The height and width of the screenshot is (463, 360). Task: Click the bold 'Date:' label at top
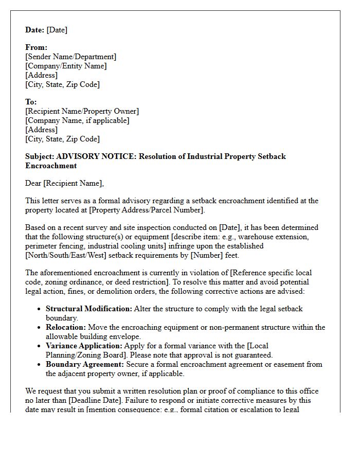35,30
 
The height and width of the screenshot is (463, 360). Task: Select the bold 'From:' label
35,47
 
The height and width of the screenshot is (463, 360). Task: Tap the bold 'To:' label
31,102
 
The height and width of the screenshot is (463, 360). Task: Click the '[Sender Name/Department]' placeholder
71,57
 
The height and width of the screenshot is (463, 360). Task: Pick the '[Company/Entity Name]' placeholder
66,66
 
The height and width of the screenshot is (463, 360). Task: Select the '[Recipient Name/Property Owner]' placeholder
82,111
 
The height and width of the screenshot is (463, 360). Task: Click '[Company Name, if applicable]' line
77,120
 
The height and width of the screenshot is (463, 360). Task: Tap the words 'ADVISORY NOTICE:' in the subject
96,156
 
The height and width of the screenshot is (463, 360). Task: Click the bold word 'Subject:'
40,156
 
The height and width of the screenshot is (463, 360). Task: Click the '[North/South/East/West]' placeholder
67,255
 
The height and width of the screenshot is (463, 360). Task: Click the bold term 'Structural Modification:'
89,309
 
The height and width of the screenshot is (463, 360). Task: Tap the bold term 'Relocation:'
66,327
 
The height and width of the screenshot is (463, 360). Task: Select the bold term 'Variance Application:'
84,346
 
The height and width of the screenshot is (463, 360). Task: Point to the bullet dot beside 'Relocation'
40,328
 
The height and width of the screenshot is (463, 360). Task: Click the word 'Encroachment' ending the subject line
51,166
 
